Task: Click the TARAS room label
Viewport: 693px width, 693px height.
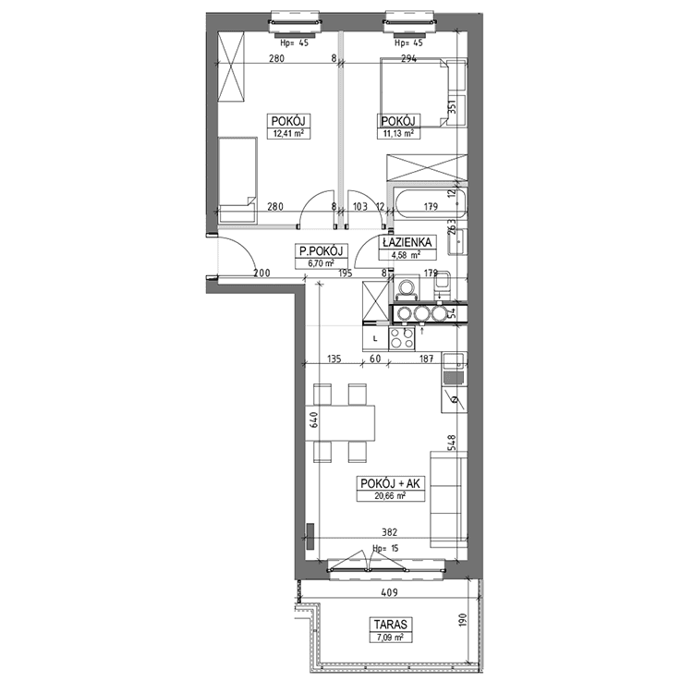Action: click(391, 625)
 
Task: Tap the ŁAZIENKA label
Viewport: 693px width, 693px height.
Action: click(407, 242)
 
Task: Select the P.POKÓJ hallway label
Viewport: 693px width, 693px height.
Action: click(322, 251)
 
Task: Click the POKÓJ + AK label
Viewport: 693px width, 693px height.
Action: click(390, 483)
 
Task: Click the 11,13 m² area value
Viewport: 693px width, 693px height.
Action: click(398, 133)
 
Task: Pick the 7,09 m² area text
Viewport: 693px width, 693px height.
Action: click(391, 637)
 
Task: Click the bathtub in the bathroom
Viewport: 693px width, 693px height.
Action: click(431, 204)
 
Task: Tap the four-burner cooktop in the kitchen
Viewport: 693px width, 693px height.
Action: click(402, 339)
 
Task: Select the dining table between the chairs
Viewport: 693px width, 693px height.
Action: click(340, 422)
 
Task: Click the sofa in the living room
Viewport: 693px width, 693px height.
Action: click(448, 499)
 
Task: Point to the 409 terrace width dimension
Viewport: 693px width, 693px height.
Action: click(389, 592)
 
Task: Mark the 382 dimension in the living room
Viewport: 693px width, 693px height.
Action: click(389, 532)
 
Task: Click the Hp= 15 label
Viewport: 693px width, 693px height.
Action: click(386, 549)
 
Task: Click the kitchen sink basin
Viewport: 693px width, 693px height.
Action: click(453, 361)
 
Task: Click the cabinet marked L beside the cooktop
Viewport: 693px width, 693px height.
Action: click(375, 339)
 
